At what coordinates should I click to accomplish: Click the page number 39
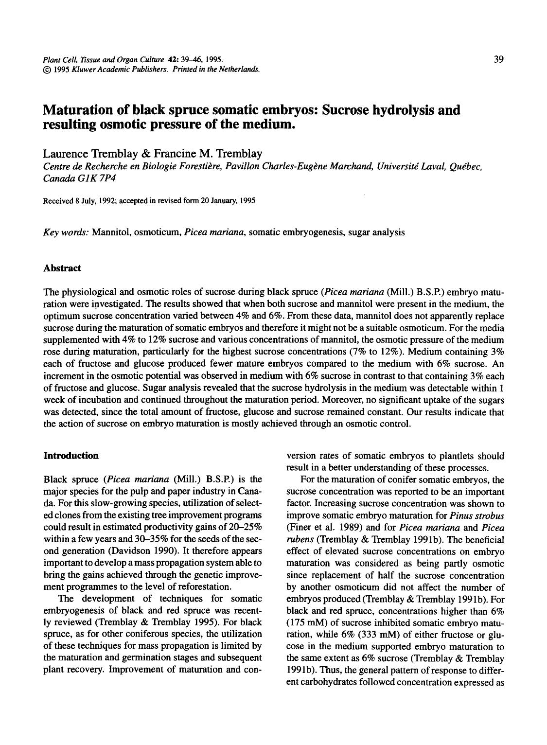coord(498,59)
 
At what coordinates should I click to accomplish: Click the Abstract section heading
coord(62,268)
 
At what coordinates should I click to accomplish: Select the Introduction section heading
coord(71,456)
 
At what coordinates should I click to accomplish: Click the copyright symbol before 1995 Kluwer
coord(47,69)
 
